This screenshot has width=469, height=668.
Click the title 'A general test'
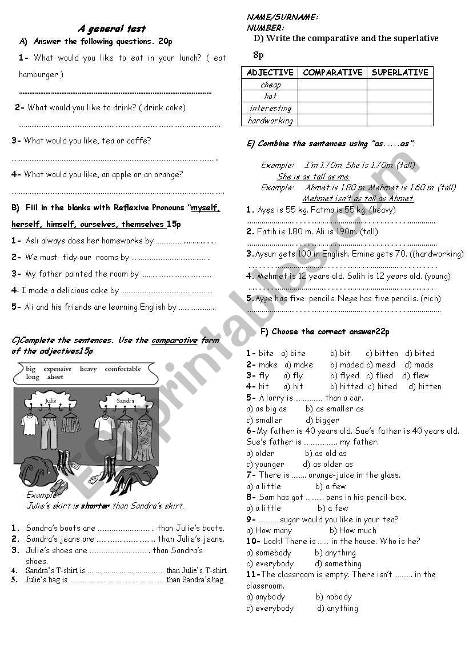coord(111,29)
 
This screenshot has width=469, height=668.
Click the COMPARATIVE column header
coord(332,73)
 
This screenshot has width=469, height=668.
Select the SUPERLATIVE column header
coord(400,73)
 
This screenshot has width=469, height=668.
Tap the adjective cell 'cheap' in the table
coord(270,85)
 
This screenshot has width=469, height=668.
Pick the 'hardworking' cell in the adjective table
coord(270,121)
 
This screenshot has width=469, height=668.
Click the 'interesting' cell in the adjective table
coord(270,108)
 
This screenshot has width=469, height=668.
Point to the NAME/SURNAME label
coord(282,17)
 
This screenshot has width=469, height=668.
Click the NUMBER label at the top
coord(265,27)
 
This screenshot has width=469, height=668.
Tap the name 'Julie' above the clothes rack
coord(51,401)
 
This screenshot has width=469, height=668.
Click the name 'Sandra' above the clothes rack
coord(125,401)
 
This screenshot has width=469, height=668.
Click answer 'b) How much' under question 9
coord(352,530)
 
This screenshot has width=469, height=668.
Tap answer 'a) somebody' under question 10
coord(269,553)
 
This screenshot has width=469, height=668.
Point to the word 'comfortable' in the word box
coord(123,369)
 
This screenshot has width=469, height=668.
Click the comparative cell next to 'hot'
coord(332,97)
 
